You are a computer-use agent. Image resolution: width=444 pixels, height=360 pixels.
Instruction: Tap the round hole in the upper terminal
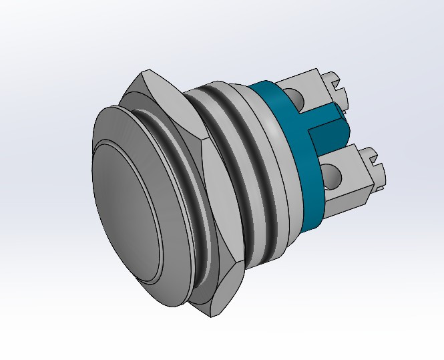[296, 101]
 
